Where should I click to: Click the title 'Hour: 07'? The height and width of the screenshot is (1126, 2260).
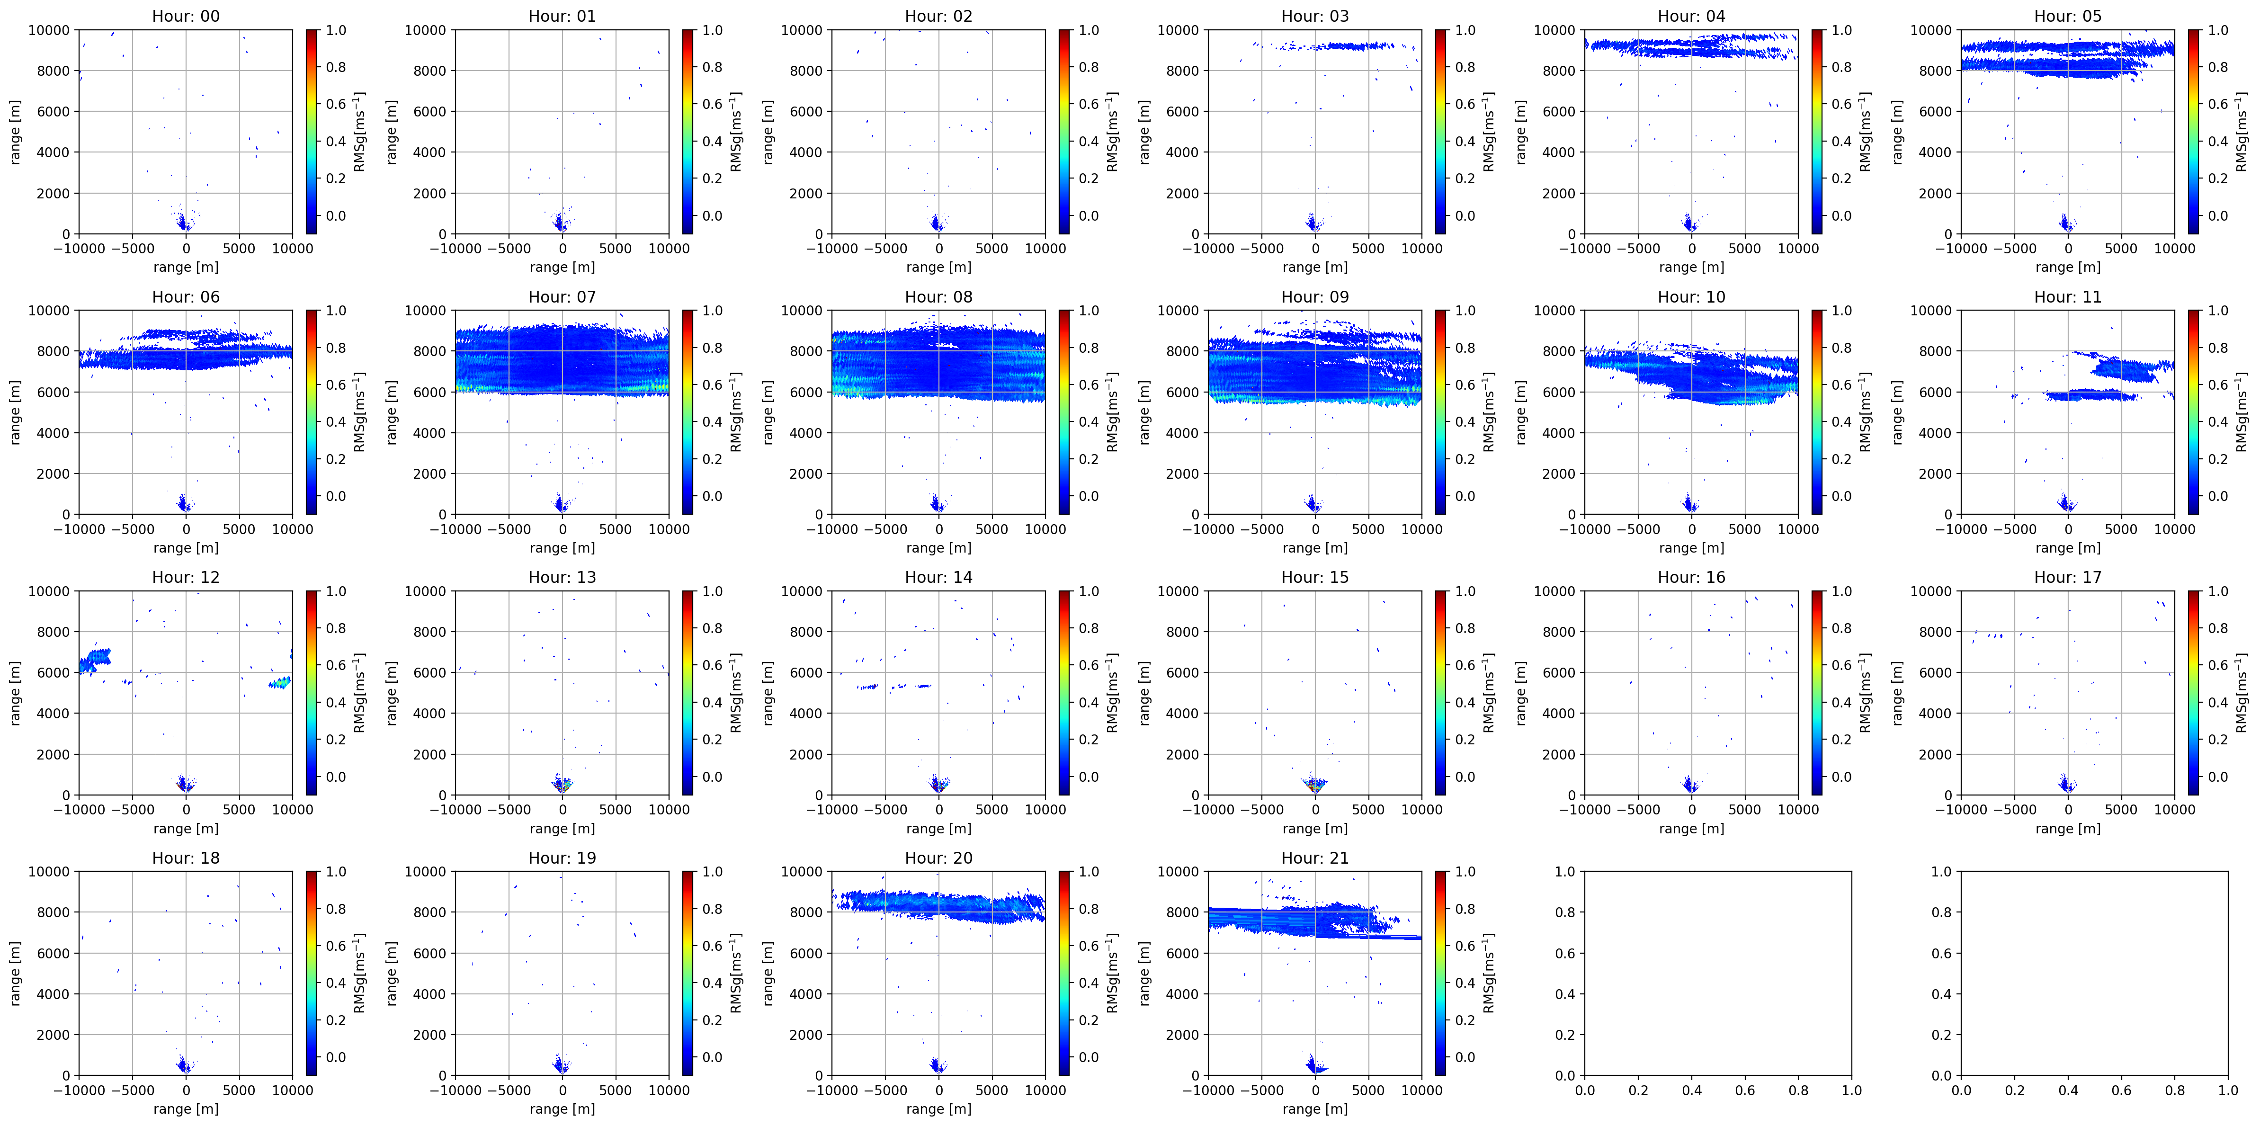coord(562,296)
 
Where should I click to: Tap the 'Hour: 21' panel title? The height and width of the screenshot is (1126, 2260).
coord(1314,858)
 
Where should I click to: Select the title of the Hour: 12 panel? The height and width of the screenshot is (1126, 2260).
coord(185,577)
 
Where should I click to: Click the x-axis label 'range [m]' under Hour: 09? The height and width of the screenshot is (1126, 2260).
coord(1314,548)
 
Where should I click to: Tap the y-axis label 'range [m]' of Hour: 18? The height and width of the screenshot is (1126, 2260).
coord(15,973)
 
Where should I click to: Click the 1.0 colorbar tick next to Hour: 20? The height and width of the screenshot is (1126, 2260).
coord(1088,871)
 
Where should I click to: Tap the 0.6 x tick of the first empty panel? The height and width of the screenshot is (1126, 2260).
coord(1744,1090)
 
